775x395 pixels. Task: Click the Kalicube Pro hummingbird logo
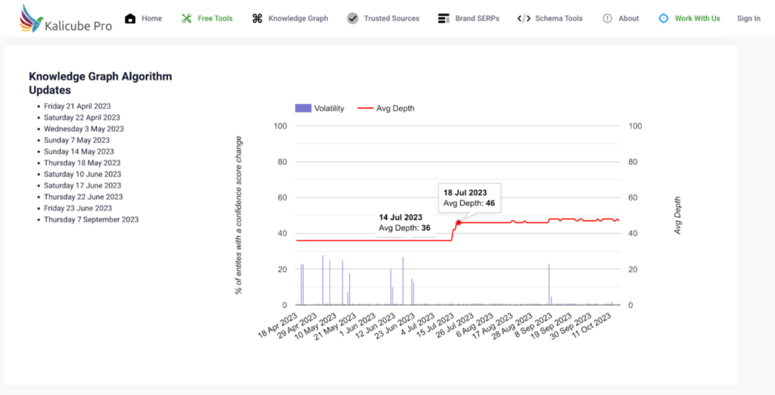[x=33, y=18]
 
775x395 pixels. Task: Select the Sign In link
[x=749, y=18]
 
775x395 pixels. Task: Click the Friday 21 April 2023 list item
[x=77, y=107]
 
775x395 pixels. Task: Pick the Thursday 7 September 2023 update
[x=91, y=219]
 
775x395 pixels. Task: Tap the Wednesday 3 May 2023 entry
[x=83, y=129]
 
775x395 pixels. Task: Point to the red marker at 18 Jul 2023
[x=459, y=222]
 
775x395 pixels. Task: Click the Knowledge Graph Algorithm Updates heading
[x=100, y=83]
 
